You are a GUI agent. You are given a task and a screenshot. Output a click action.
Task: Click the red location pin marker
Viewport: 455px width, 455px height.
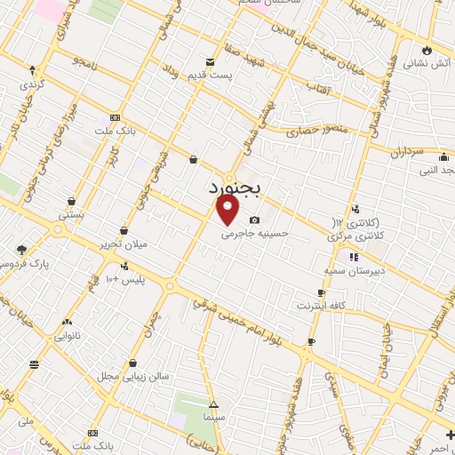pyautogui.click(x=228, y=211)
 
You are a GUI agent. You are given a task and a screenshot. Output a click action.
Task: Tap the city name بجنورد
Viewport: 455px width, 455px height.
pyautogui.click(x=237, y=188)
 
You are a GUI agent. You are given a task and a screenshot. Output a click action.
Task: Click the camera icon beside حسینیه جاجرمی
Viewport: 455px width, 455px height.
pyautogui.click(x=255, y=220)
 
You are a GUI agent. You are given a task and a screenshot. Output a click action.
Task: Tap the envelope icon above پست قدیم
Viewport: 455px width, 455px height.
pyautogui.click(x=211, y=61)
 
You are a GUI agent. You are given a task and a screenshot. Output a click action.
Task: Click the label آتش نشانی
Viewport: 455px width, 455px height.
pyautogui.click(x=425, y=64)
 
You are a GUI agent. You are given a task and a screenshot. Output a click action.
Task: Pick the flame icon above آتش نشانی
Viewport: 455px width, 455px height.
pyautogui.click(x=427, y=49)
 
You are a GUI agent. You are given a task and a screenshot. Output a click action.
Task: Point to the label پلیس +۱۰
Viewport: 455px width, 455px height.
pyautogui.click(x=125, y=280)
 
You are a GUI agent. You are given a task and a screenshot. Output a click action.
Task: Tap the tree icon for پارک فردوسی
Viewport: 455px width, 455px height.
pyautogui.click(x=21, y=250)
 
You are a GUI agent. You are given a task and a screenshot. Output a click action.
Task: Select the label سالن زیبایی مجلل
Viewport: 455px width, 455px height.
pyautogui.click(x=132, y=377)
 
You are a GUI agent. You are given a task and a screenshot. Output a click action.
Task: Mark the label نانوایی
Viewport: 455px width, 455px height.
pyautogui.click(x=67, y=336)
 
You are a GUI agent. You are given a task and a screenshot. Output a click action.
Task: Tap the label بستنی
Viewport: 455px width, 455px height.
pyautogui.click(x=70, y=215)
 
